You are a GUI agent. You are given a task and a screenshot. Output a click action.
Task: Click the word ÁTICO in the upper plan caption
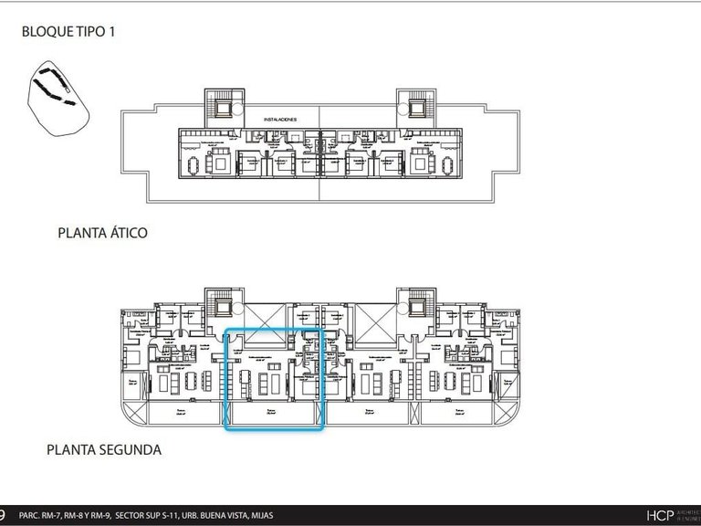tap(126, 233)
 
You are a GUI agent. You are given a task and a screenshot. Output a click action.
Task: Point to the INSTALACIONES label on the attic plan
tap(281, 120)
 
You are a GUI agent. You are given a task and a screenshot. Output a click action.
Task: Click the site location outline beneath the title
tap(58, 96)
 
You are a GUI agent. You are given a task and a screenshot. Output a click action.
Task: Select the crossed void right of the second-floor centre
tap(374, 316)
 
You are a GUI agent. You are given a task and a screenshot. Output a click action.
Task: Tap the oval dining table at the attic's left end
tap(194, 165)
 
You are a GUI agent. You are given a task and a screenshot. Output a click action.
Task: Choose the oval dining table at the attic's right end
tap(445, 165)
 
